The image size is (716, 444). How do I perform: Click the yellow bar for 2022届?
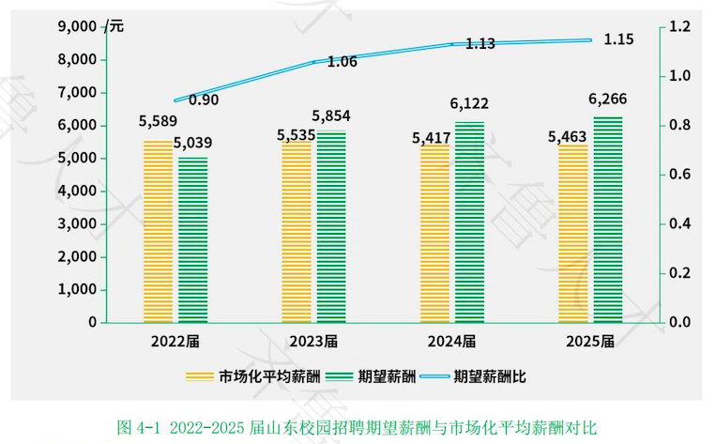point(159,231)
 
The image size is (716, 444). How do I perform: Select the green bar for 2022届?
point(192,239)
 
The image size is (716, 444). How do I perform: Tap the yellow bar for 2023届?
point(297,232)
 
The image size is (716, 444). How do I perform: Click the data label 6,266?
point(607,100)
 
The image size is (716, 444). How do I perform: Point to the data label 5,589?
point(158,122)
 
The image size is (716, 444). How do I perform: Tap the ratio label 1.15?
point(619,39)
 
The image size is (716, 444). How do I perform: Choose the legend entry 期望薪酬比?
point(489,377)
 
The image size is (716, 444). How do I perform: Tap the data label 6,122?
point(469,104)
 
